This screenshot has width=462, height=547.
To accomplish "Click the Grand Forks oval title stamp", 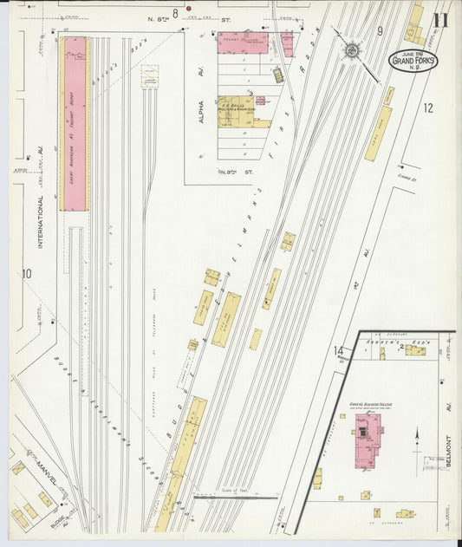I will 413,61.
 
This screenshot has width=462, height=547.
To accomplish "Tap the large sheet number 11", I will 441,21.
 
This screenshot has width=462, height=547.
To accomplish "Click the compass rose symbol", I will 352,50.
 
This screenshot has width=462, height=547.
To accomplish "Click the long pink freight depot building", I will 75,123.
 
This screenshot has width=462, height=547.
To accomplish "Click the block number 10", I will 27,274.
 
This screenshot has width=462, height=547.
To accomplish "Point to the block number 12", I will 426,108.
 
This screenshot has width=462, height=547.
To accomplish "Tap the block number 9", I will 380,31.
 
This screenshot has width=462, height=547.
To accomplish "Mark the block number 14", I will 337,350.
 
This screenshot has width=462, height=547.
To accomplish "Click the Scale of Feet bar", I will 235,498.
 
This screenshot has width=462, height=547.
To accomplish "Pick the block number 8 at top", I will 175,12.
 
